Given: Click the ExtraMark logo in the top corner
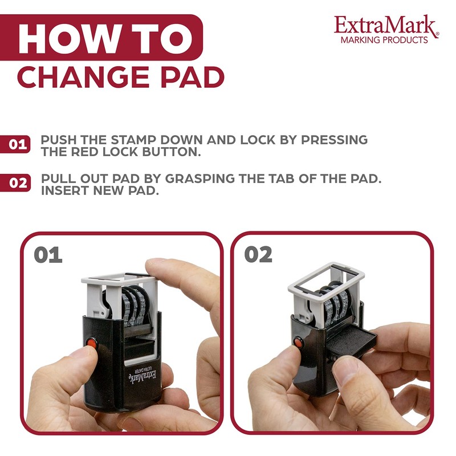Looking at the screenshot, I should tap(386, 25).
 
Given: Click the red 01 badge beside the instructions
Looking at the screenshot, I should tap(18, 144).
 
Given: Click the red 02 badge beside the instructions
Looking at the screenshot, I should tap(18, 184).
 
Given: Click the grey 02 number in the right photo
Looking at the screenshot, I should tap(258, 255).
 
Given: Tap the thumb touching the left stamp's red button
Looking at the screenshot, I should tap(74, 359).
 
